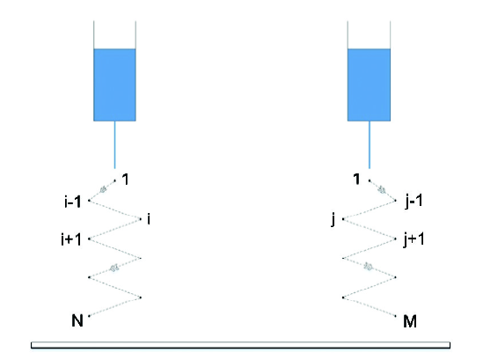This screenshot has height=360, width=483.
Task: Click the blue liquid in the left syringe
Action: pos(114,84)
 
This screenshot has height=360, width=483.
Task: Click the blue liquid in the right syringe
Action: pos(369,84)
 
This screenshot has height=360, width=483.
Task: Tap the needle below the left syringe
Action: pos(115,145)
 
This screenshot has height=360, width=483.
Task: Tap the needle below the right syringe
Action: pos(370,145)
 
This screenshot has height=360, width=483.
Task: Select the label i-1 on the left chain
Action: pos(73,202)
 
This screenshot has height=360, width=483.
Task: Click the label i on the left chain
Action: pos(149,219)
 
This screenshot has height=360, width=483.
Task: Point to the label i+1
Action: pos(71,239)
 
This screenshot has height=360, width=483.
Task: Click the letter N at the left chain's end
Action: pos(77,320)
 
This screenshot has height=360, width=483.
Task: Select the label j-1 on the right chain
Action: pos(414,202)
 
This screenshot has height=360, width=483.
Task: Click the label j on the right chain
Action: pos(333,220)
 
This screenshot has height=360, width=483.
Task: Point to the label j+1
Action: pos(414,239)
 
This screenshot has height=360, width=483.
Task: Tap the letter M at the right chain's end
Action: pos(410,321)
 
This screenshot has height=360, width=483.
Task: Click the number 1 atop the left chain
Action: pos(126,179)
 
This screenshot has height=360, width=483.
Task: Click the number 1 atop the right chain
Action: pos(356,179)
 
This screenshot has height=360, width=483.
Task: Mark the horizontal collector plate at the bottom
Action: pos(240,345)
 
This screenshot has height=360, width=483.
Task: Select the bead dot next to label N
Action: pos(89,316)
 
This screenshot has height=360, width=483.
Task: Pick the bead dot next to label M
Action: pos(396,316)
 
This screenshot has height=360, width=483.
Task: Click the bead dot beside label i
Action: pos(141,219)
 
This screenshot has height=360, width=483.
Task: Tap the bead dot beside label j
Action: pos(343,219)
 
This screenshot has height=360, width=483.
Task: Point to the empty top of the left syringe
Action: pos(114,34)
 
